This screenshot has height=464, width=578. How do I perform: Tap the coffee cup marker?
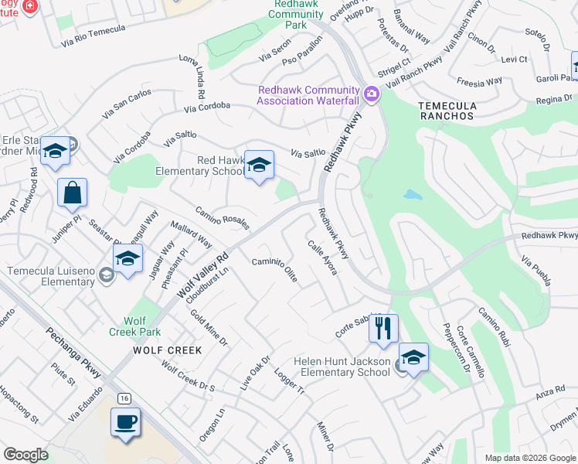tap(125, 423)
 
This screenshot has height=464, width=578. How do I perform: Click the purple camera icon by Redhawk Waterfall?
tap(372, 94)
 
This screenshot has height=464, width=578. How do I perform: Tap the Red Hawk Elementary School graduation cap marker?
tap(260, 165)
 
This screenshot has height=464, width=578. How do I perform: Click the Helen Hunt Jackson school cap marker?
tap(413, 357)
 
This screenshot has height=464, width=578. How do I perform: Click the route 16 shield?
tap(124, 397)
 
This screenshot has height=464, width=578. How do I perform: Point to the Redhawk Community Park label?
tap(296, 14)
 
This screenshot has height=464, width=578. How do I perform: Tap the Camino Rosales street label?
tap(222, 218)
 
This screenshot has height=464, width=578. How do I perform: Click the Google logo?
tap(26, 454)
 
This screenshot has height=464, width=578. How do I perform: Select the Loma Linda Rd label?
tap(191, 76)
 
